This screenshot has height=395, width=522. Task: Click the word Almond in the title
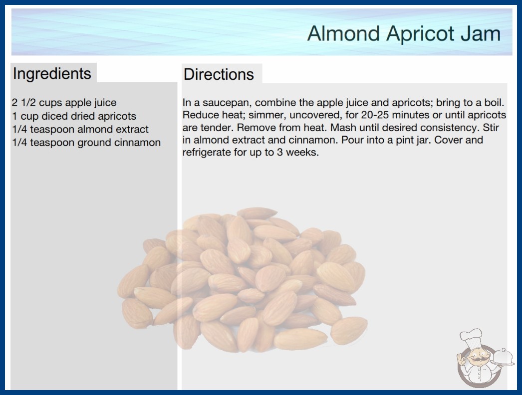343,33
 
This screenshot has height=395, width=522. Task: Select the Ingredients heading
52,73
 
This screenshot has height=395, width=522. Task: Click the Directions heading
219,74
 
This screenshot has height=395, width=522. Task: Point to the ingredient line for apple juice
64,103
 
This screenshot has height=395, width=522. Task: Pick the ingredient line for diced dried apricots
74,116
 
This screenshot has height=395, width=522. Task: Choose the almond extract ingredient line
80,129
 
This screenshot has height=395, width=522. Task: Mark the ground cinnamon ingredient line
86,143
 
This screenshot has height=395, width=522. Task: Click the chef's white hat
472,338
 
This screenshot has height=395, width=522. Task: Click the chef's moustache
476,359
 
